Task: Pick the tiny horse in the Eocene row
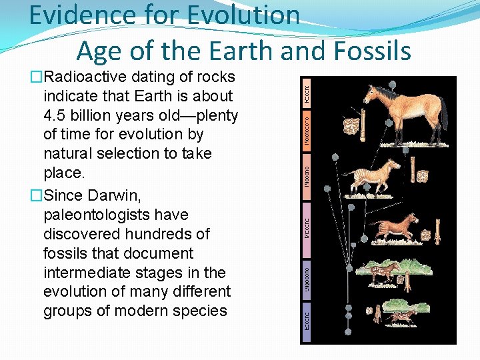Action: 402,316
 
